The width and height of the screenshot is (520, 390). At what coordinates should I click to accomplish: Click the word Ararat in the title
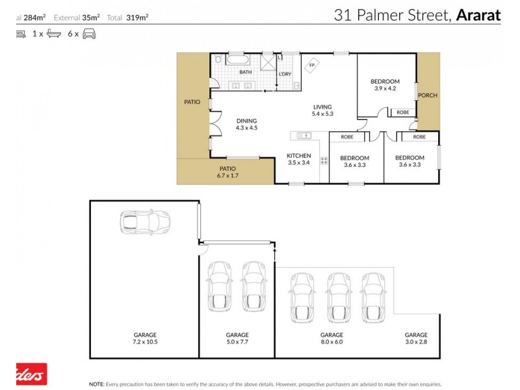click(478, 15)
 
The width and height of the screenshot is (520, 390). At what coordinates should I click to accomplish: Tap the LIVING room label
click(322, 110)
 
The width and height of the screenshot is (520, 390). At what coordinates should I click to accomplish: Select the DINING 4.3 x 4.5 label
click(246, 124)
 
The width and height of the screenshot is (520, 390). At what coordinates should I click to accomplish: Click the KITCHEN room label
click(299, 160)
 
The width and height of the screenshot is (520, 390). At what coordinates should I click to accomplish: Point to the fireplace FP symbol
click(312, 66)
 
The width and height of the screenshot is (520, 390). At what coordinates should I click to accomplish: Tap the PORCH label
click(427, 96)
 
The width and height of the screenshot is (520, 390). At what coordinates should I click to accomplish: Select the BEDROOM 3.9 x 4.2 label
click(385, 85)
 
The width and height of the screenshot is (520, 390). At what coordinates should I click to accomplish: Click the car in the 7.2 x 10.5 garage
click(144, 222)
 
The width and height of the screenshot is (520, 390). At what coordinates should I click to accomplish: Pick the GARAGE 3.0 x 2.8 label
click(416, 338)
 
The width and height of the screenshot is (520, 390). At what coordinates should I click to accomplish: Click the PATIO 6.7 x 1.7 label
click(227, 172)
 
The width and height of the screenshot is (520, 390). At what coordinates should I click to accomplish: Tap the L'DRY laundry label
click(285, 73)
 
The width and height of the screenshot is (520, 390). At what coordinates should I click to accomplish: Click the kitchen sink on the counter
click(304, 135)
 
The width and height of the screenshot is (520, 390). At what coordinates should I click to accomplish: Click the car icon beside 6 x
click(90, 33)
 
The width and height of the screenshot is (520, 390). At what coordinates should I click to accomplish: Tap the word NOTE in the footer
click(97, 383)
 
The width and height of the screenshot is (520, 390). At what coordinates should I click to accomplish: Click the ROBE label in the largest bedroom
click(403, 112)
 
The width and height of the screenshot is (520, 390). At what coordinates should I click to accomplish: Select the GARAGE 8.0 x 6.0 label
click(331, 338)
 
